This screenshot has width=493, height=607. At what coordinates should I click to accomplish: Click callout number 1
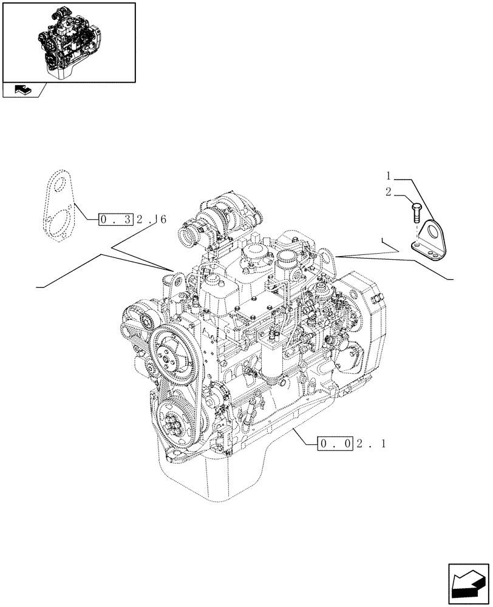click(389, 177)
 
